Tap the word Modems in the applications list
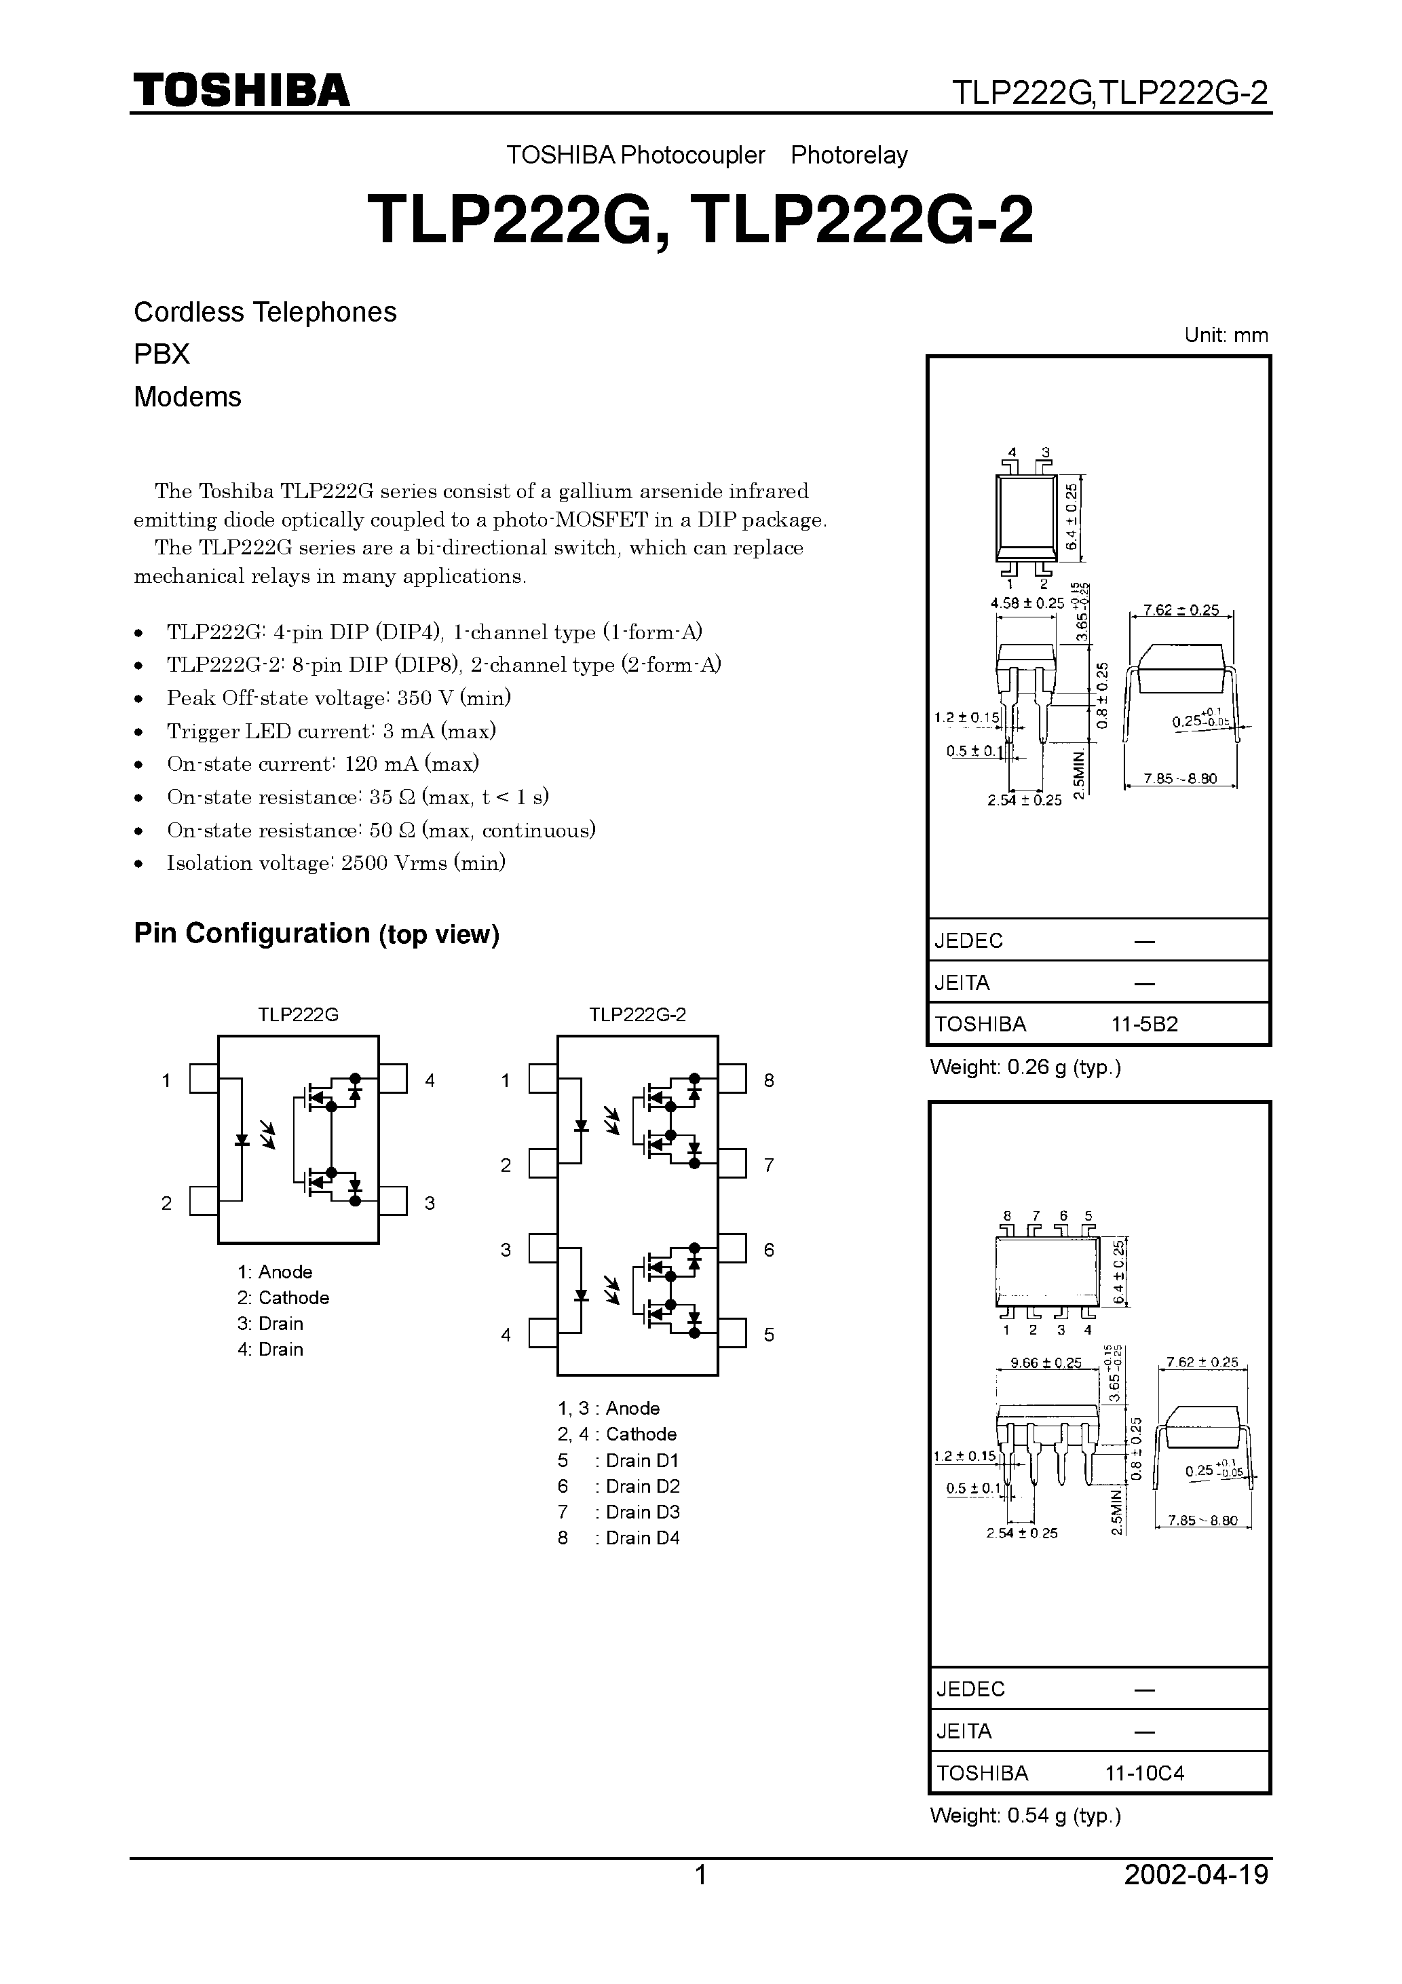tap(187, 397)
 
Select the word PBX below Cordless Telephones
tap(162, 354)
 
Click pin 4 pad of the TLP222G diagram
tap(394, 1080)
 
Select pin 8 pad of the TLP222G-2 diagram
tap(732, 1080)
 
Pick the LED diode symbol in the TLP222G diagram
tap(243, 1140)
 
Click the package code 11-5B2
tap(1144, 1025)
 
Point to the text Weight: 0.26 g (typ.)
tap(1025, 1068)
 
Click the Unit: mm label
tap(1226, 335)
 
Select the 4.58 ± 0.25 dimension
tap(1027, 603)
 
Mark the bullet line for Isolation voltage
tap(336, 863)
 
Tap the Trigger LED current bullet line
tap(331, 731)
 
